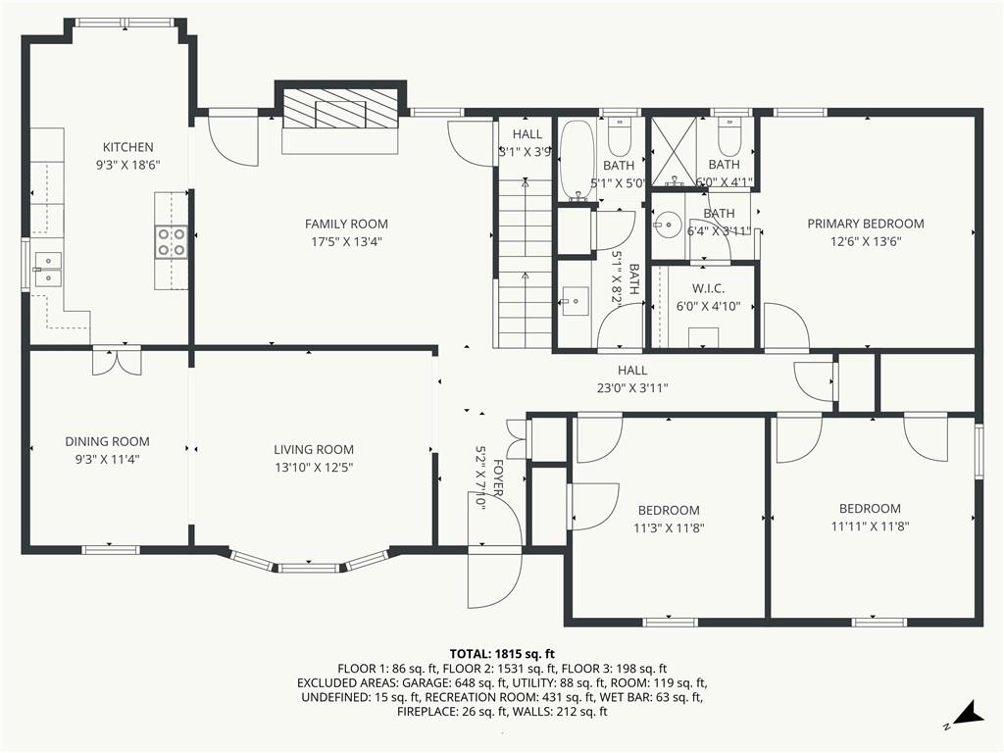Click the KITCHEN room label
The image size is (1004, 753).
127,147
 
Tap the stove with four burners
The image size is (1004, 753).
172,241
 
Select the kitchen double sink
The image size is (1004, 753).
46,269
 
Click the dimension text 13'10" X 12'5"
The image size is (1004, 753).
313,467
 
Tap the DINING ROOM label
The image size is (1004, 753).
108,441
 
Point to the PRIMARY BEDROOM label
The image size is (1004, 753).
866,224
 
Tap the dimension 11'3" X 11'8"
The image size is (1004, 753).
669,527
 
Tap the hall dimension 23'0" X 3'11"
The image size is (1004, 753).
632,387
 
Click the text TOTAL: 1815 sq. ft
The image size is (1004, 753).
502,653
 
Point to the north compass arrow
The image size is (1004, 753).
968,714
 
